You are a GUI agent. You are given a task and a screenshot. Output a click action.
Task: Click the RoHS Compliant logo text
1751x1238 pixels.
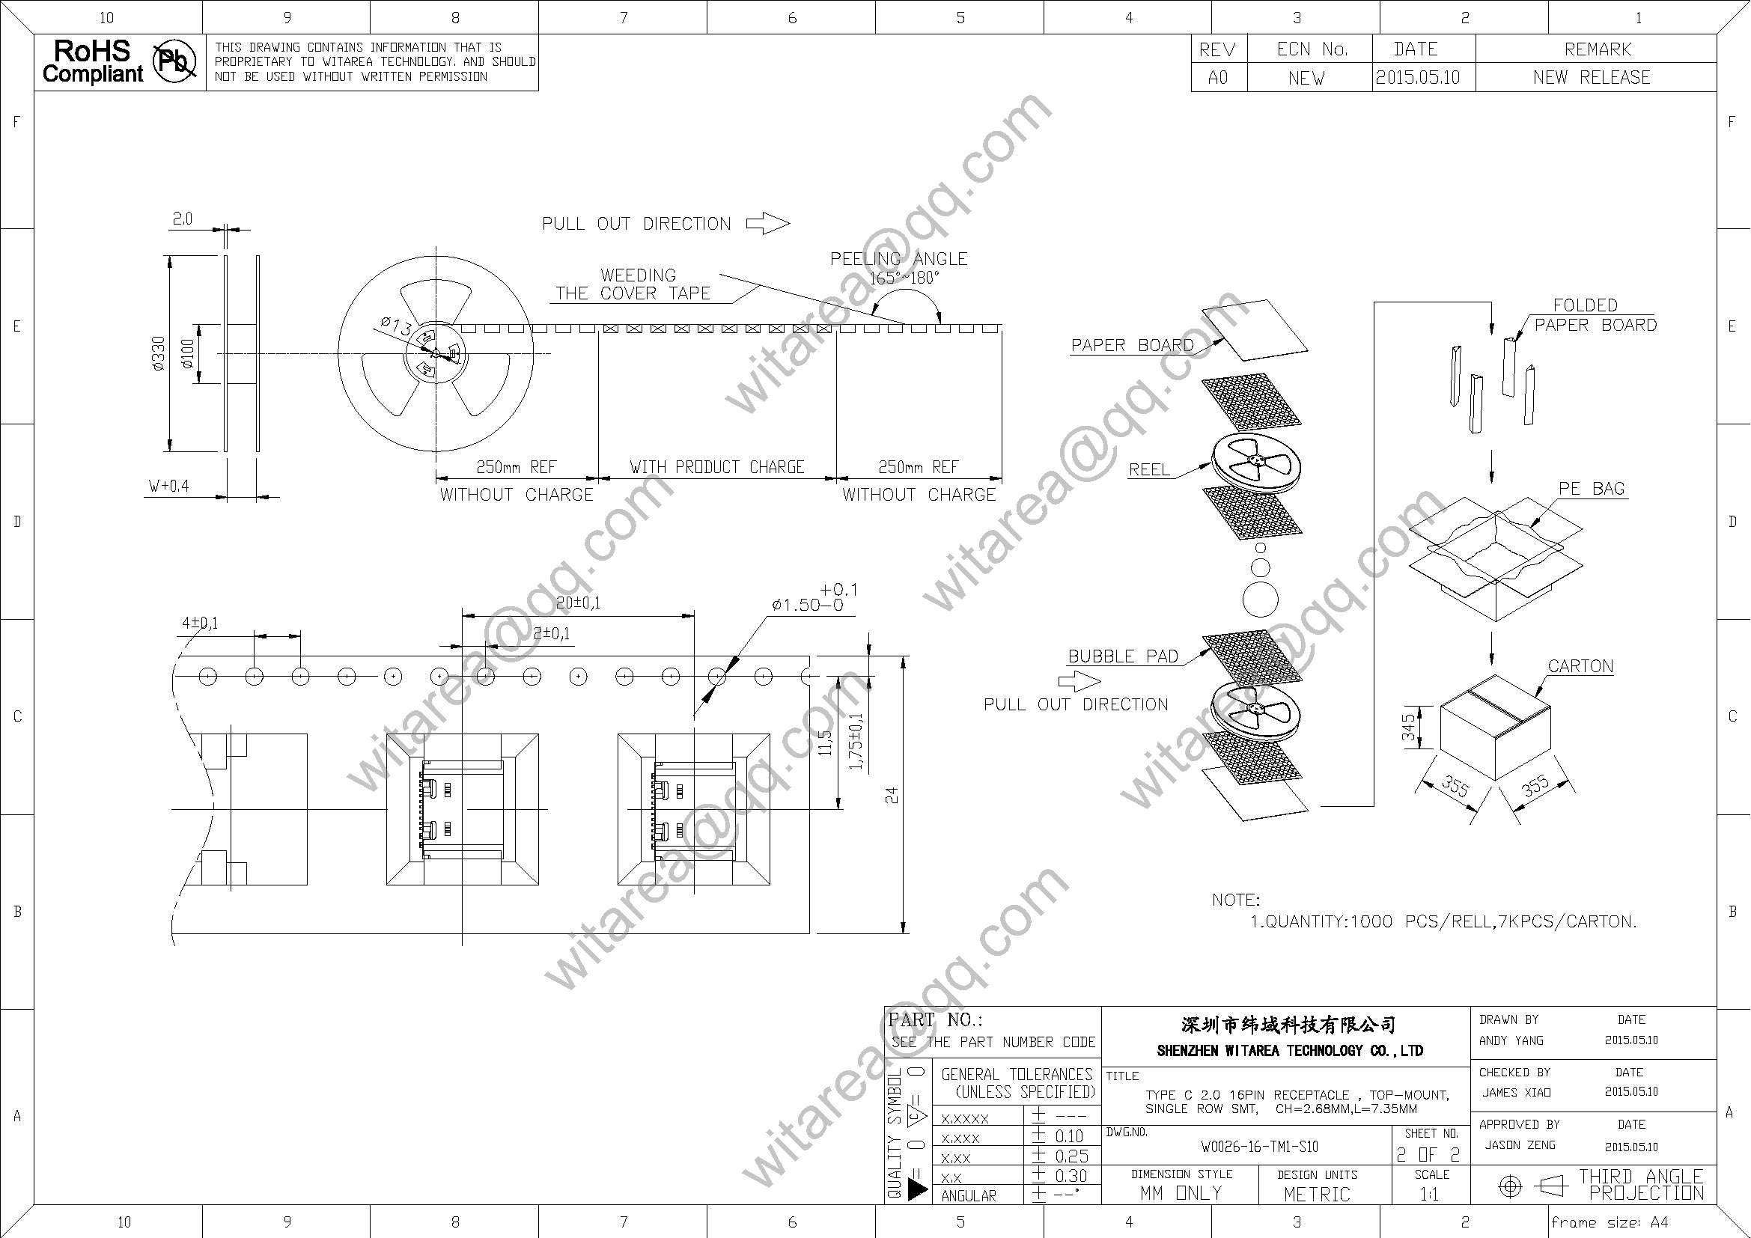coord(92,61)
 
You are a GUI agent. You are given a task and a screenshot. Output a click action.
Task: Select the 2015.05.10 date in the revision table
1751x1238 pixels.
coord(1417,78)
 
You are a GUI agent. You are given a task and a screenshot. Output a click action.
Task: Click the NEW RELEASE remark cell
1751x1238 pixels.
coord(1592,78)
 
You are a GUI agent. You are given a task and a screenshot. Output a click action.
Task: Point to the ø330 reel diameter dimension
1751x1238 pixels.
coord(159,354)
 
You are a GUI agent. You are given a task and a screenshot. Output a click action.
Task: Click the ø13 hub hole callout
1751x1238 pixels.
coord(397,326)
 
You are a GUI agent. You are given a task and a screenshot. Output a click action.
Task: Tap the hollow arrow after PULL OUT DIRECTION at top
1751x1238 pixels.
coord(767,223)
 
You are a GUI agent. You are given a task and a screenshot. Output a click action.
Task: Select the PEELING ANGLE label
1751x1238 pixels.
coord(898,259)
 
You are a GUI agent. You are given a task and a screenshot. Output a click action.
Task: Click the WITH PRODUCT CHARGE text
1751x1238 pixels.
coord(717,467)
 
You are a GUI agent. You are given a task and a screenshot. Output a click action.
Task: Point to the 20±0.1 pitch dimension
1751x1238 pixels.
coord(578,603)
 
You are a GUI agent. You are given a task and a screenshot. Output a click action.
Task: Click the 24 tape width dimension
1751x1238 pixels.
coord(892,795)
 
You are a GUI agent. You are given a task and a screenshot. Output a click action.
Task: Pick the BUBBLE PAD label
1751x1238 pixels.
coord(1123,656)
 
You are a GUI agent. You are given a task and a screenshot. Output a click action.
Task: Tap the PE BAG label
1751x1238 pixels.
coord(1592,489)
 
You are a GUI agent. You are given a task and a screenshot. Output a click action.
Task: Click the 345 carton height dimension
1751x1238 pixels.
coord(1408,727)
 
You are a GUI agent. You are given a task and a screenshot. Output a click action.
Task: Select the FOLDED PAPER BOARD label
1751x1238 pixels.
coord(1595,315)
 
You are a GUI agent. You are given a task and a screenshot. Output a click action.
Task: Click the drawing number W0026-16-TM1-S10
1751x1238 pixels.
coord(1259,1147)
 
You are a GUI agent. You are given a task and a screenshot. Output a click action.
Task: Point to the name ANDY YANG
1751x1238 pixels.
coord(1511,1040)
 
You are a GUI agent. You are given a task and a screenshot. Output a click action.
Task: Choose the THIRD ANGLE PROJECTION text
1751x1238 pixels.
coord(1640,1185)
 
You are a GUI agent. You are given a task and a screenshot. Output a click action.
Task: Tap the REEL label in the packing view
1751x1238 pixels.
coord(1149,469)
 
